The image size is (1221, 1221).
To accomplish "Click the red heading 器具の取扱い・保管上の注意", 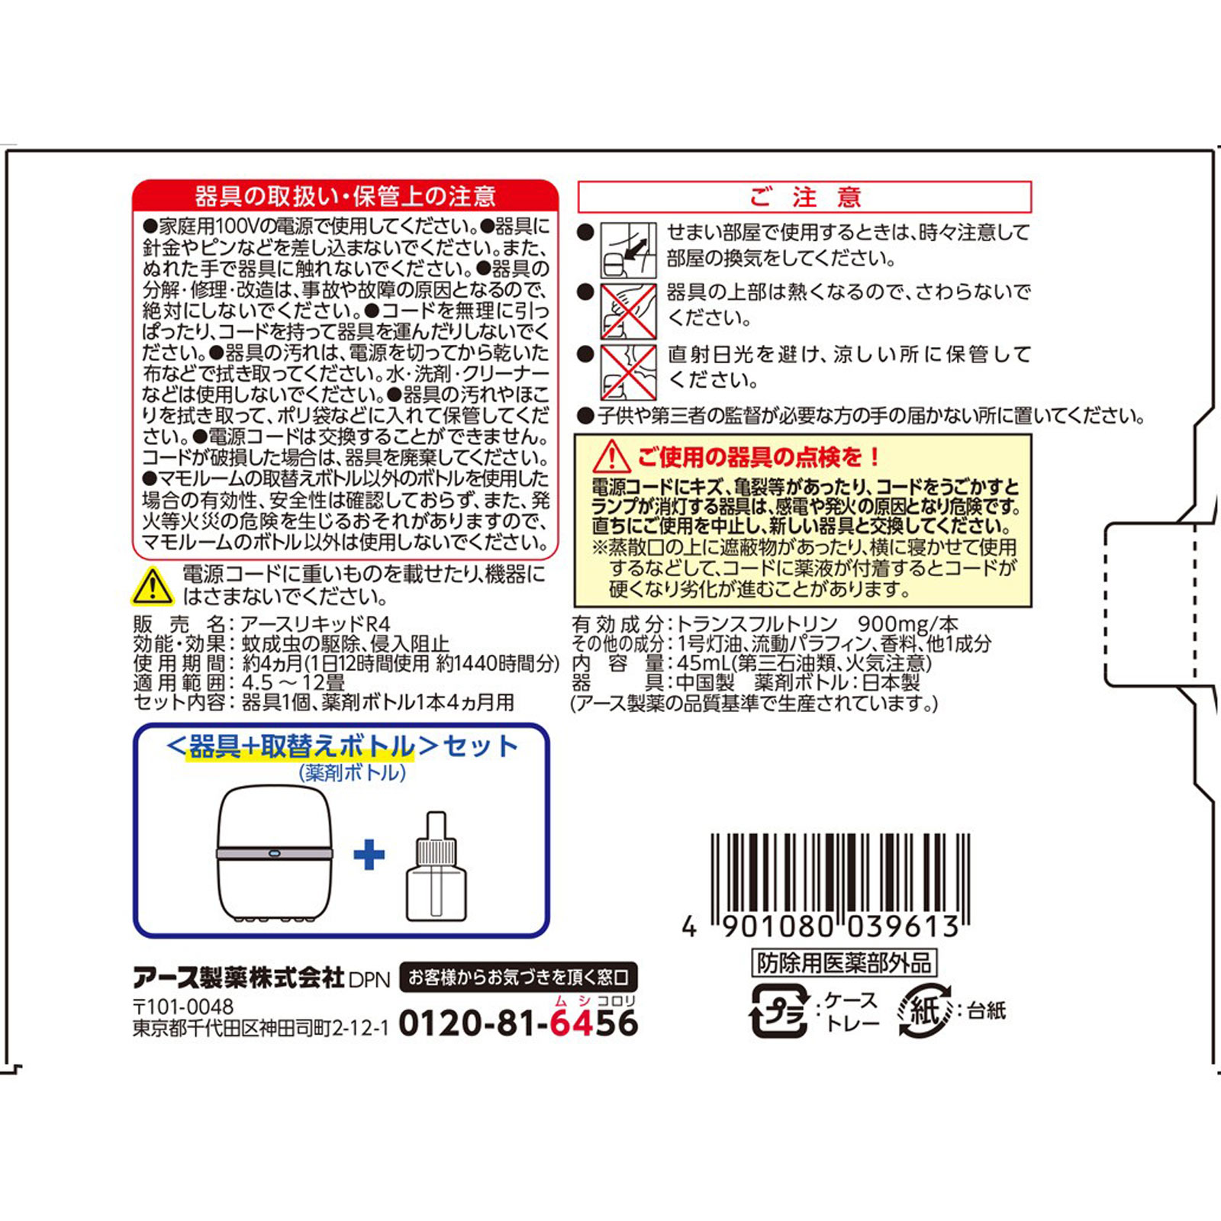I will pos(345,197).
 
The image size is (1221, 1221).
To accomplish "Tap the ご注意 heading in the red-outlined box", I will pos(804,197).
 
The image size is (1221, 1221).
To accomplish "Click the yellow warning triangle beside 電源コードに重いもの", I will pos(153,586).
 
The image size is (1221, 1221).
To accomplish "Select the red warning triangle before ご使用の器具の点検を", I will pos(611,457).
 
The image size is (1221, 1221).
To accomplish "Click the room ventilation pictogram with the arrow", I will pos(627,250).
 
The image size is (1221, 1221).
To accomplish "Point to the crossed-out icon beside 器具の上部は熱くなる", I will pos(627,311).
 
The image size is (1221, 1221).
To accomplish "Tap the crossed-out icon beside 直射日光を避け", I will pos(627,372).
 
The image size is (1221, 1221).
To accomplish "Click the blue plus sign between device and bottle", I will pos(369,855).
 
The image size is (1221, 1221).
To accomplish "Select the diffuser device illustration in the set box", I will pos(275,853).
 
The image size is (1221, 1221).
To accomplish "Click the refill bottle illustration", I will pos(437,867).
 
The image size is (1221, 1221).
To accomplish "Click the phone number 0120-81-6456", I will pos(518,1023).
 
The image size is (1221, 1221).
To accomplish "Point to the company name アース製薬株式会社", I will pos(239,978).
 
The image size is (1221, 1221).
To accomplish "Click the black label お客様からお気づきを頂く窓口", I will pos(518,977).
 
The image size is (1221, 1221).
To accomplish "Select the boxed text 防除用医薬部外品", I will pos(844,963).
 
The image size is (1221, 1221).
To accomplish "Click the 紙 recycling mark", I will pos(924,1011).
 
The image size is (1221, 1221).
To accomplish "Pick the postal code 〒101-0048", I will pos(183,1007).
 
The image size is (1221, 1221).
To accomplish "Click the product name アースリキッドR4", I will pos(315,624).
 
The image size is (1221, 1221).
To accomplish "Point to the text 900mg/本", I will pos(908,624).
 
